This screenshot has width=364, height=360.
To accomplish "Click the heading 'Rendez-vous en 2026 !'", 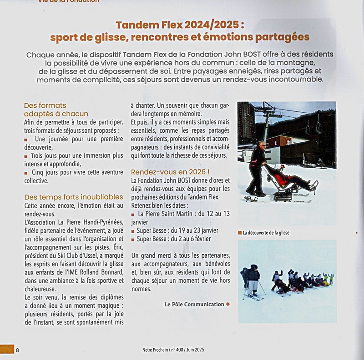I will click(170, 172).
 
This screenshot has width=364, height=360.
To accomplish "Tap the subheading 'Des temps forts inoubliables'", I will click(73, 197).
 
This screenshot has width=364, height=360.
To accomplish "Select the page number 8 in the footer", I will click(17, 350).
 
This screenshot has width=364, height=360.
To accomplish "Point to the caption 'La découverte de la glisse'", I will click(266, 233).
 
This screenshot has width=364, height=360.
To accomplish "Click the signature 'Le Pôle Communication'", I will click(194, 304).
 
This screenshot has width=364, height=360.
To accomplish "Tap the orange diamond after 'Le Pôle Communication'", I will click(227, 304).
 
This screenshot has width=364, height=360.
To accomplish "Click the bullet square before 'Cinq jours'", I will click(26, 173).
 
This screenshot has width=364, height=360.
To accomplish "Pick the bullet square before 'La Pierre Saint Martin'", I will click(133, 214).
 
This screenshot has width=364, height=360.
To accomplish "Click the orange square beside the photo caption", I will click(239, 233).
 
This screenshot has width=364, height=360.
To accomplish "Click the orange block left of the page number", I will click(7, 350).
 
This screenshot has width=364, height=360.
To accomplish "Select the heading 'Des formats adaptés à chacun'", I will click(56, 110).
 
